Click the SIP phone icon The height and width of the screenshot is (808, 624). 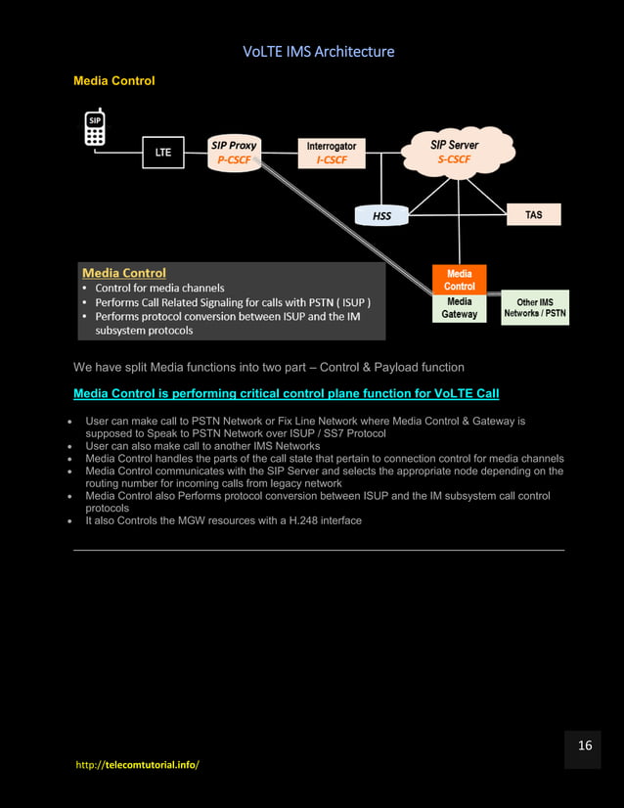(95, 127)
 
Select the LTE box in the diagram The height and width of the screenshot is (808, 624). (163, 153)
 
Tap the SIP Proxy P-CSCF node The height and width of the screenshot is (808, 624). (235, 153)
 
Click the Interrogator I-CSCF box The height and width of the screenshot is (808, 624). (330, 153)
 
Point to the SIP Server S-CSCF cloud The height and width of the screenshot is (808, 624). (456, 151)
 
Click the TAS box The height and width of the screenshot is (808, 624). (533, 214)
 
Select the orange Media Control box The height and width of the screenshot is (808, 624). (459, 280)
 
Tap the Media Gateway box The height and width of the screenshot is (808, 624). (459, 309)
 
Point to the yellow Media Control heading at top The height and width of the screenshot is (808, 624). (114, 80)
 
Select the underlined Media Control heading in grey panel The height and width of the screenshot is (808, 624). (124, 273)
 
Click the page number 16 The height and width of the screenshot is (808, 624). (585, 745)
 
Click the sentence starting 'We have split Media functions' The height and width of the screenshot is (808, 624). (269, 367)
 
